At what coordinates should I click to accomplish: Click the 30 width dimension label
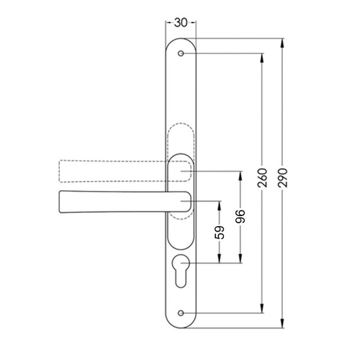[x=180, y=22]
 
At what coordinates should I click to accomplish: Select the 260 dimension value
[x=263, y=178]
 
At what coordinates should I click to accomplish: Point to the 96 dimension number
[x=240, y=217]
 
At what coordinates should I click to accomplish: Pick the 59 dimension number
[x=218, y=232]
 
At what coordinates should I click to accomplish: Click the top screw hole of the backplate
[x=180, y=54]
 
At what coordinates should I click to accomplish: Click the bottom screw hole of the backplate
[x=180, y=313]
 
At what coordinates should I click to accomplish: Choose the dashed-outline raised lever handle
[x=112, y=171]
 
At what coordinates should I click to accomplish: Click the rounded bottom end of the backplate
[x=180, y=325]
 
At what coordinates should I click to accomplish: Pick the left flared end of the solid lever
[x=63, y=202]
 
